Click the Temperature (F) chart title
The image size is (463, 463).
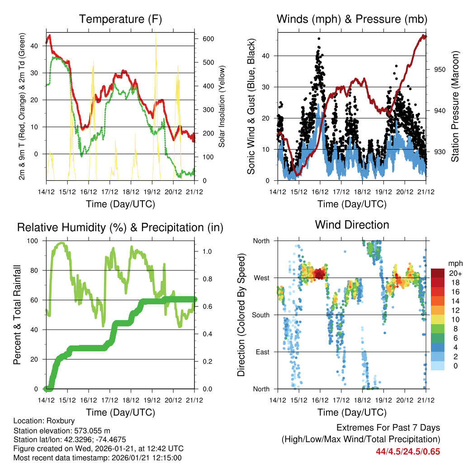coord(120,19)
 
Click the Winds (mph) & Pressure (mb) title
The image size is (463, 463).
coord(352,19)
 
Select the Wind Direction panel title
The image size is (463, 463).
coord(352,224)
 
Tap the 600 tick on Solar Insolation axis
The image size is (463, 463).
coord(208,39)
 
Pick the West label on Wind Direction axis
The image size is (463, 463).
coord(261,278)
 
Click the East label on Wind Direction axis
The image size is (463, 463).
coord(262,352)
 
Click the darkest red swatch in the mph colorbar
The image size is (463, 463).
coord(437,273)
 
